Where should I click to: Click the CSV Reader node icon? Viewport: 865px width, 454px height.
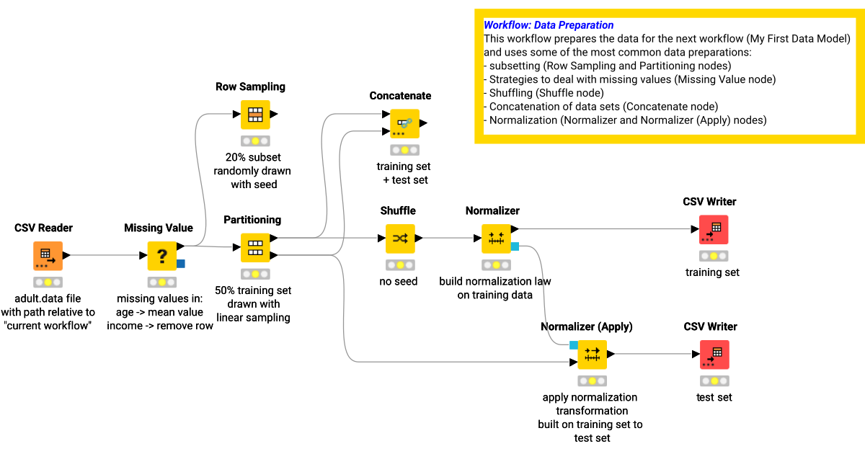coord(48,256)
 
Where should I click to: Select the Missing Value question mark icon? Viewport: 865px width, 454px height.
coord(161,256)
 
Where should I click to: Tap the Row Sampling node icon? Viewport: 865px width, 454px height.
coord(255,115)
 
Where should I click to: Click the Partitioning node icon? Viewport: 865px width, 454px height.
coord(255,248)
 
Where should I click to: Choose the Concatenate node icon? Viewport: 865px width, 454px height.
coord(404,124)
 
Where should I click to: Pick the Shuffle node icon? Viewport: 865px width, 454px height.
coord(399,239)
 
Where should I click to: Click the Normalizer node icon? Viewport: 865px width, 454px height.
coord(496,239)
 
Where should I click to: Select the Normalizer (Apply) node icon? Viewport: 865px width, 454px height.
coord(592,355)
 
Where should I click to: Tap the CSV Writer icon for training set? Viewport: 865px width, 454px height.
coord(714,229)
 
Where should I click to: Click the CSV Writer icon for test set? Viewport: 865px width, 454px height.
coord(714,355)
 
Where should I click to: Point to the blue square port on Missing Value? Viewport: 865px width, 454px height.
coord(181,264)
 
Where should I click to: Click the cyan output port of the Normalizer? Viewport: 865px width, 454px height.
coord(515,246)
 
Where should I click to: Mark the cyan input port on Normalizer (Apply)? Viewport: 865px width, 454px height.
coord(574,345)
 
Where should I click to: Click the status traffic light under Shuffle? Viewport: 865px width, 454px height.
coord(399,265)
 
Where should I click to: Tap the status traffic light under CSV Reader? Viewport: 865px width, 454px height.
coord(48,282)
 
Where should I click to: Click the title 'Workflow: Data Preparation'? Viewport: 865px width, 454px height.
coord(549,25)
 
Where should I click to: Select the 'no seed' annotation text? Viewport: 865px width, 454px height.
coord(399,281)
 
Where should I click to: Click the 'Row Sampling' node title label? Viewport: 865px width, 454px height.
coord(250,86)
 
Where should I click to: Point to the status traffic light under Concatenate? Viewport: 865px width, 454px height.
coord(404,151)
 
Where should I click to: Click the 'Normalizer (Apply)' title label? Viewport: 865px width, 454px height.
coord(586,326)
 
